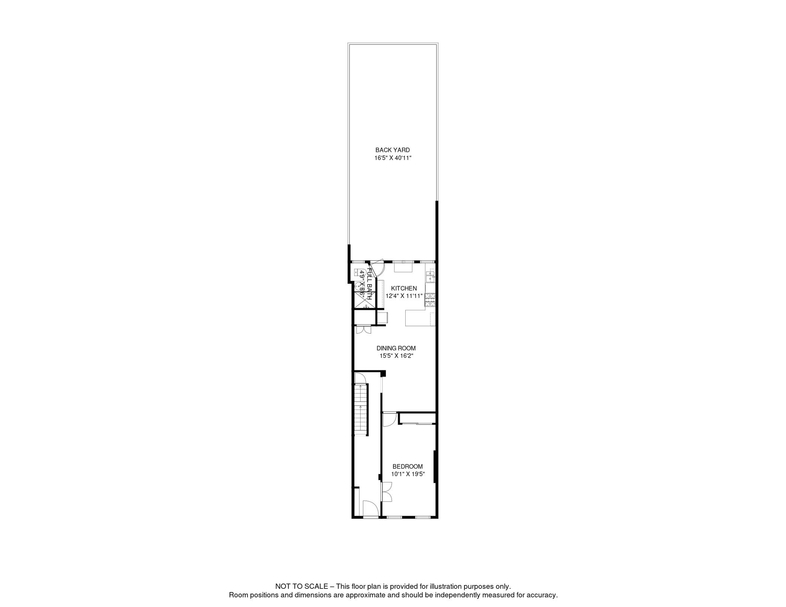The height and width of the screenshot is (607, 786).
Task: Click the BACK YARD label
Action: (392, 150)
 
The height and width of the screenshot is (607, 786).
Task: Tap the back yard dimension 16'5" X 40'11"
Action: (393, 158)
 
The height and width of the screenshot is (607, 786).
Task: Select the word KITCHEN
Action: (404, 288)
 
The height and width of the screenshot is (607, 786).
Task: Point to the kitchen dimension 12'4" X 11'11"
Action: (404, 296)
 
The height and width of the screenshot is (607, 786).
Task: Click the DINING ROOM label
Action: (396, 348)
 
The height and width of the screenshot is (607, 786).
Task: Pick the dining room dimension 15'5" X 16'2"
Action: (396, 356)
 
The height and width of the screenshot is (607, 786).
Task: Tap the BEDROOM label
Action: (407, 467)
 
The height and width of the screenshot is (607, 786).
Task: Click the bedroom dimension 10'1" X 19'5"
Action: (408, 474)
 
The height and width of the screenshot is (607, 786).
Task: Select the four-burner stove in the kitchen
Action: (430, 300)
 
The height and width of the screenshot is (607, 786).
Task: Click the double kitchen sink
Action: (430, 275)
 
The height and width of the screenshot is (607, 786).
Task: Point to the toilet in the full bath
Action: (359, 273)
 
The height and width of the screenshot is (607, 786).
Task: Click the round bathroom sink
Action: (359, 286)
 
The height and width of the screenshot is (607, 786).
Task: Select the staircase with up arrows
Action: (361, 410)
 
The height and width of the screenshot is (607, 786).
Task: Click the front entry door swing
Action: (370, 508)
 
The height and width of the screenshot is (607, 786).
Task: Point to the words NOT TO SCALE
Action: (301, 587)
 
